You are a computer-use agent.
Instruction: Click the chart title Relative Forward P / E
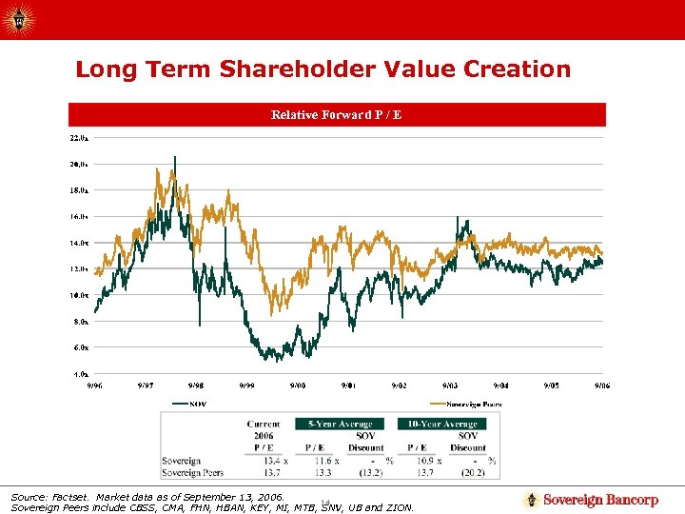point(336,115)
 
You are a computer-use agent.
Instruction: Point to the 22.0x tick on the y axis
point(79,138)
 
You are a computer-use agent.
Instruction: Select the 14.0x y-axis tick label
point(79,243)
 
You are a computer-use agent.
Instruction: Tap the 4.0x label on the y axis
point(79,373)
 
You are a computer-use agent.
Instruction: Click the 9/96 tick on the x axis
point(95,385)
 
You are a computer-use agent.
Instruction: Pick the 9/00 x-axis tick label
point(298,385)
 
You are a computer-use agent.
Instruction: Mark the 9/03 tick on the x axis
point(450,385)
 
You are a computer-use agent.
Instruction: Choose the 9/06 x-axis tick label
point(602,385)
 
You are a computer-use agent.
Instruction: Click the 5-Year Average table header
point(340,424)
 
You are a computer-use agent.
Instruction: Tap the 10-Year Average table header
point(442,424)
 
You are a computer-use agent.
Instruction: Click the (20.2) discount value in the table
point(473,472)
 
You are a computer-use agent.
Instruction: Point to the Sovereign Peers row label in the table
point(193,472)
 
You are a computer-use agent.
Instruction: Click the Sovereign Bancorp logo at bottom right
point(592,500)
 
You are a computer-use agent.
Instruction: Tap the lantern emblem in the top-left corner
point(20,18)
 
